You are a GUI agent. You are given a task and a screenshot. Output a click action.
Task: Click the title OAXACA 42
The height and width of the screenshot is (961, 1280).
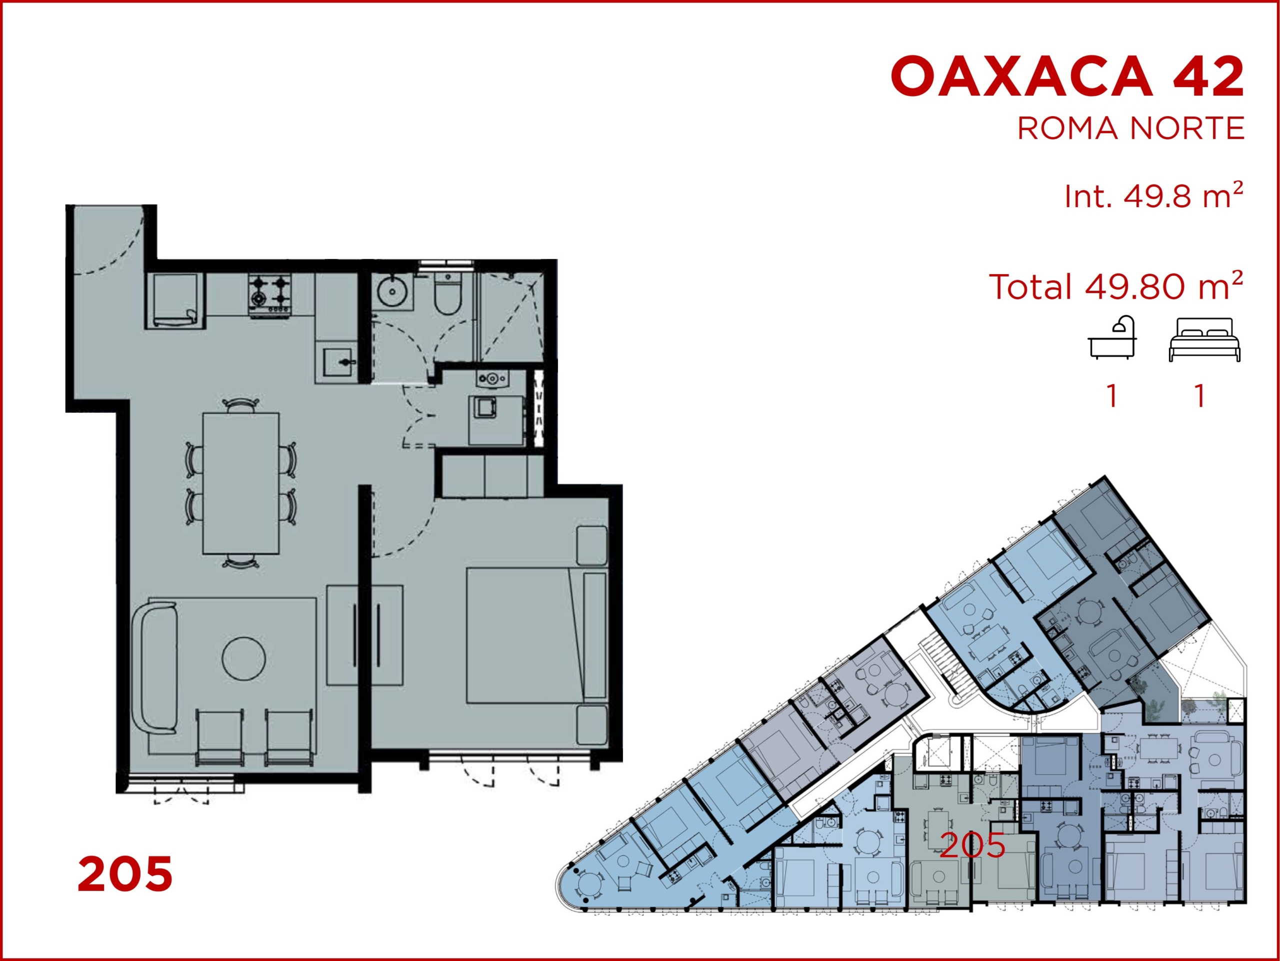click(1067, 77)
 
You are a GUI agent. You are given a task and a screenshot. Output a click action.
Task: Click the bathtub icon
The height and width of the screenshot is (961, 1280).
click(1111, 338)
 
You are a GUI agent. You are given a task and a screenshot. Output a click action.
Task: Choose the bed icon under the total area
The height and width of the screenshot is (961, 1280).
click(1204, 340)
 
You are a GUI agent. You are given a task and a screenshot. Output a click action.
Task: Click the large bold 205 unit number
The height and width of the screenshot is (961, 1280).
click(125, 874)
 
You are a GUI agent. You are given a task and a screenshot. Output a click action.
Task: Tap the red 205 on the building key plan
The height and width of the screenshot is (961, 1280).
click(972, 846)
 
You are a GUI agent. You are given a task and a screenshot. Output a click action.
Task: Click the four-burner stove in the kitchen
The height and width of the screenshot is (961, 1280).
click(269, 295)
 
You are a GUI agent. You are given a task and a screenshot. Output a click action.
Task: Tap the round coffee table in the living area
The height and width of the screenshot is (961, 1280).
click(243, 658)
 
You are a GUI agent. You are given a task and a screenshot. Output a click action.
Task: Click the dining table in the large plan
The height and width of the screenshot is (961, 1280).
click(240, 483)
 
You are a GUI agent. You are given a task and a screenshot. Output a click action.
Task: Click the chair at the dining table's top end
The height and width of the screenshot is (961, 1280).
click(240, 404)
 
